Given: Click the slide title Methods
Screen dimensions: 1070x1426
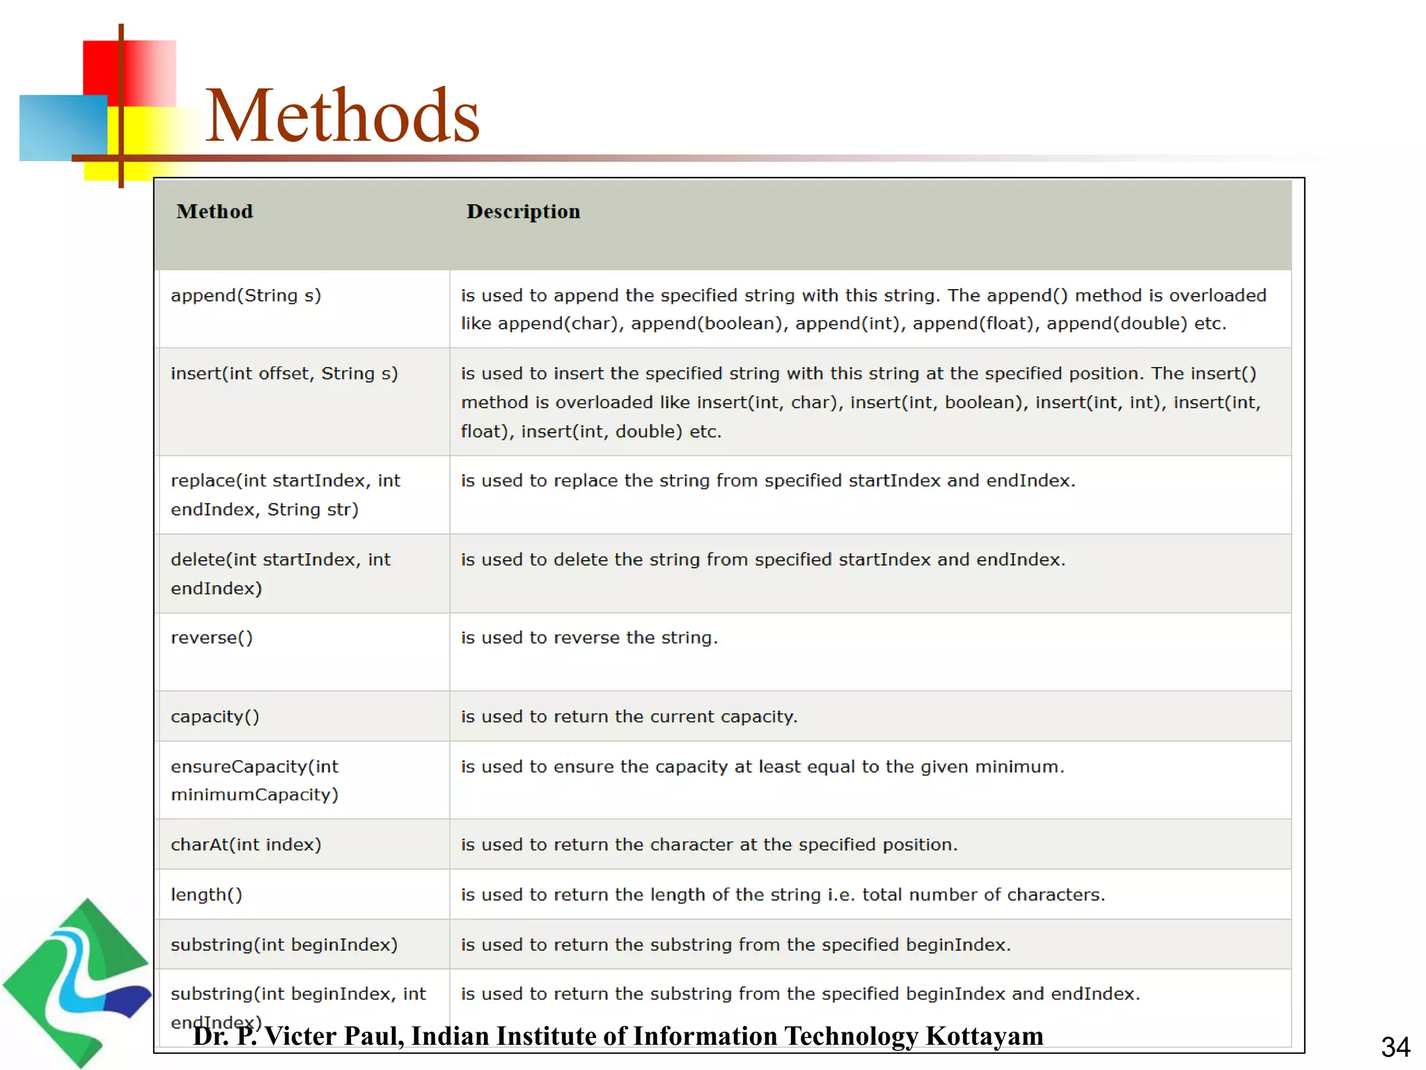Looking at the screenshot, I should pos(343,116).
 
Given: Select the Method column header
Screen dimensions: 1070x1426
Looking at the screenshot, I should pos(214,212).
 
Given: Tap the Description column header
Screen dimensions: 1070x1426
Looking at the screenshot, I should pos(523,212).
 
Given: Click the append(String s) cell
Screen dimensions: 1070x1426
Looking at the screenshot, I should pos(246,296).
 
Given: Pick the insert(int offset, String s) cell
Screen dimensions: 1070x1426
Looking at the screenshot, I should pos(284,374).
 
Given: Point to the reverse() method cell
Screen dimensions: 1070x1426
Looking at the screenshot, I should pos(212,638).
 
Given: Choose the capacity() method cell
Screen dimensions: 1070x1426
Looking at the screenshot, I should pos(215,717).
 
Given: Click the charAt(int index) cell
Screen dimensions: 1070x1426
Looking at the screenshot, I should pos(246,845).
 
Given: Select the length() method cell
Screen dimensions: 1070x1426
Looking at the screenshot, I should pos(207,895).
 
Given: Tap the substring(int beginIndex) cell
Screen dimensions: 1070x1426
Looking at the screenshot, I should pos(284,945).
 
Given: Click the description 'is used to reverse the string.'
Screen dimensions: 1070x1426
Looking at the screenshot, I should pos(589,638).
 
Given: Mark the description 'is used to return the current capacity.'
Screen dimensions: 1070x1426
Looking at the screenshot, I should pos(629,717).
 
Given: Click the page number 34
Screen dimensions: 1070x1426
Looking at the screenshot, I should pos(1395,1047).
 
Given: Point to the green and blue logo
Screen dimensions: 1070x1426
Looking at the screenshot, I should pos(77,982).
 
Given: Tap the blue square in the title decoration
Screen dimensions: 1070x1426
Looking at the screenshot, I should pos(63,127).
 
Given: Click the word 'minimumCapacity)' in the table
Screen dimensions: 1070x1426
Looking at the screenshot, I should pos(255,795).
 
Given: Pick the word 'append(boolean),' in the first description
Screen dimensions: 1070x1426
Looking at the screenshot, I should pos(710,324).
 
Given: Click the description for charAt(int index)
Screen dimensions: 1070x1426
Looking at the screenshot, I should pos(709,845).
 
